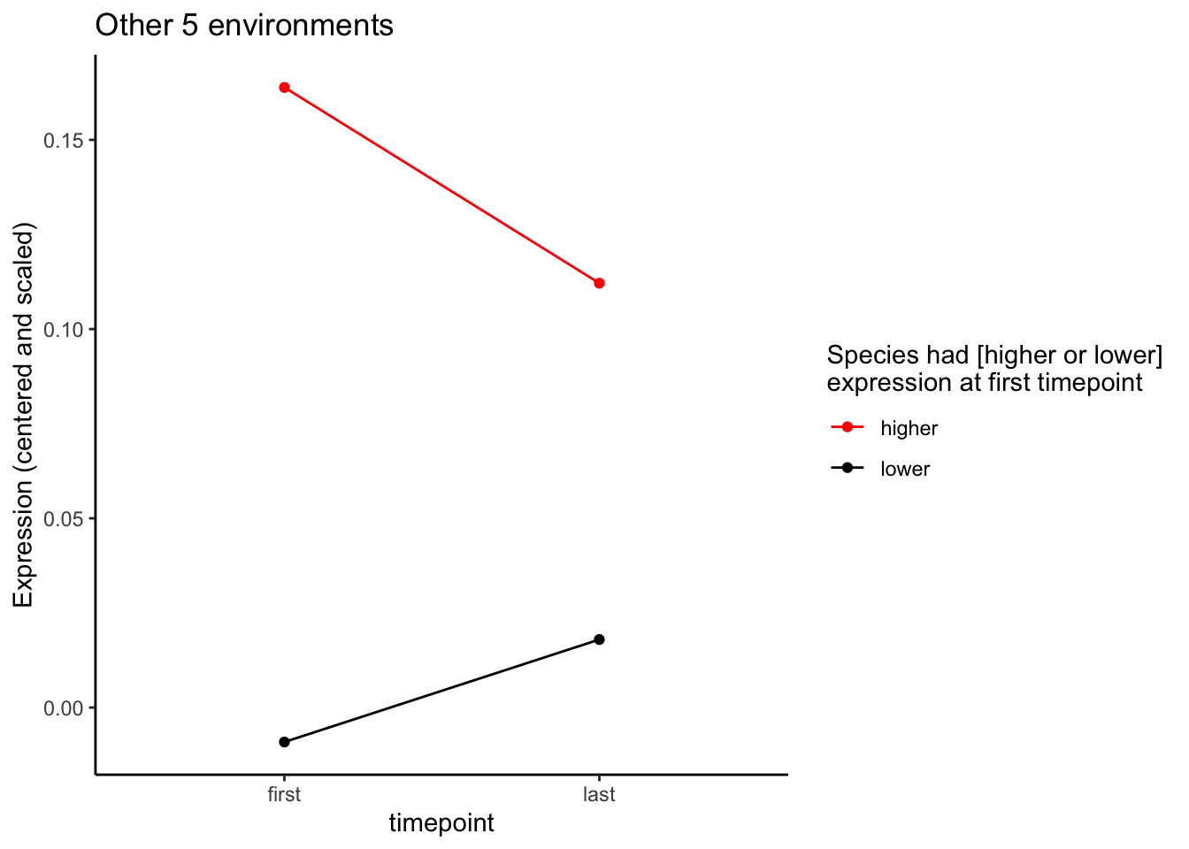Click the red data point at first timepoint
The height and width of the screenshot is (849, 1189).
(284, 88)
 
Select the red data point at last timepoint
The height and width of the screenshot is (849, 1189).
(599, 283)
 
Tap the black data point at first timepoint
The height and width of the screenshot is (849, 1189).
(284, 742)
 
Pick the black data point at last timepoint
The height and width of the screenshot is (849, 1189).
(599, 639)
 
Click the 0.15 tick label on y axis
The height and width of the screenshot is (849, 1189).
(65, 141)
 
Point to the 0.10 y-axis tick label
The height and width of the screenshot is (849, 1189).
(65, 330)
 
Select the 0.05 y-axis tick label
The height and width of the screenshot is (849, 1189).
(65, 519)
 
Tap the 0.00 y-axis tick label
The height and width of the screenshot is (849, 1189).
(65, 708)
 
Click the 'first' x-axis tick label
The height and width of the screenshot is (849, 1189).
(284, 794)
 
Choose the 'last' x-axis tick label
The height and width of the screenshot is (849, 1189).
(599, 794)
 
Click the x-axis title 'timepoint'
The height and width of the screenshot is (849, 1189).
(441, 823)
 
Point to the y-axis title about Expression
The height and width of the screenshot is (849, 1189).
(24, 416)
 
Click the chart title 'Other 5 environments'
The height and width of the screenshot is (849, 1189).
(244, 26)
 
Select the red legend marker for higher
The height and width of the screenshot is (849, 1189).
(848, 428)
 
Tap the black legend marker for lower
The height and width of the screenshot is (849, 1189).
(848, 469)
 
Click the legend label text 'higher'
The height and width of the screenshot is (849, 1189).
(909, 429)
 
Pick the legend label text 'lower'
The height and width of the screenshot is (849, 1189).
(905, 470)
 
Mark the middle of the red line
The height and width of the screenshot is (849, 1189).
(441, 186)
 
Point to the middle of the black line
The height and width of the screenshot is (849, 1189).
(441, 691)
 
